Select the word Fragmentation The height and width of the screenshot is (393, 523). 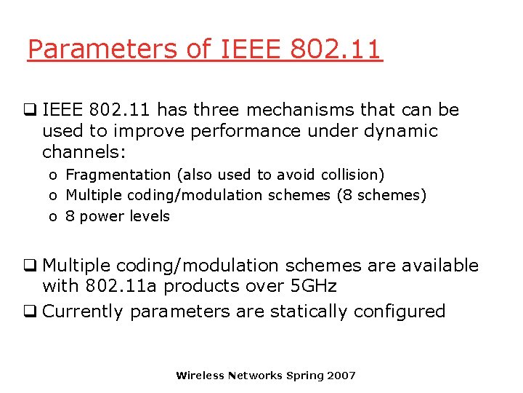click(118, 175)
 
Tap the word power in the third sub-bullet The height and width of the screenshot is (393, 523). click(102, 216)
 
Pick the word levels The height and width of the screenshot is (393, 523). click(149, 216)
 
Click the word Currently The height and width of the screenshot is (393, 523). click(84, 311)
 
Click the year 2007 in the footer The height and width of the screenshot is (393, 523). click(341, 376)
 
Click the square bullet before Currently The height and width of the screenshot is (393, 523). click(33, 311)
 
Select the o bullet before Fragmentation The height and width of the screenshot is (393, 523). click(54, 175)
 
